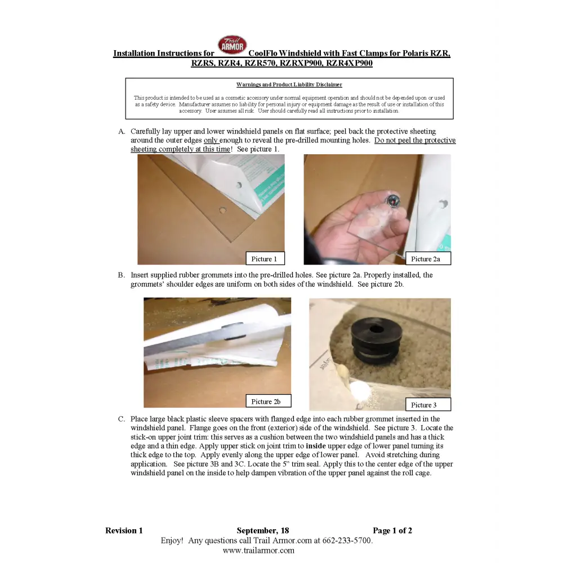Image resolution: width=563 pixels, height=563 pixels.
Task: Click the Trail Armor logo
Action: (x=233, y=45)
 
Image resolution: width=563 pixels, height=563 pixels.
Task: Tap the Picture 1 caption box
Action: (x=265, y=258)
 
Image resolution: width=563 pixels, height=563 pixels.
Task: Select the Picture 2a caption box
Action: (x=428, y=258)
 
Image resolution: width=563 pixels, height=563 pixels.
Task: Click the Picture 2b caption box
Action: (x=268, y=401)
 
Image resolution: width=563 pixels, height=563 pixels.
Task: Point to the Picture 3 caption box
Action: (x=428, y=405)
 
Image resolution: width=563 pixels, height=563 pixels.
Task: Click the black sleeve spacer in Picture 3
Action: (x=376, y=341)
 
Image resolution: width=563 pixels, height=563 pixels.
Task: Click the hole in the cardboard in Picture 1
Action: (x=222, y=210)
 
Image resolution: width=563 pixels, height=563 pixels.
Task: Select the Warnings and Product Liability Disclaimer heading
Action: (x=289, y=85)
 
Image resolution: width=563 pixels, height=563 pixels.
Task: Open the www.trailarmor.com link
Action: (x=258, y=550)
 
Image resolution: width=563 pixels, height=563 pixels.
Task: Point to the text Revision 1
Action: (x=124, y=530)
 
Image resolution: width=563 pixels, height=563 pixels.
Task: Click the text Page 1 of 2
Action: (x=392, y=530)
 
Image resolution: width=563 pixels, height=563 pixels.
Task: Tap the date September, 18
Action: (x=263, y=531)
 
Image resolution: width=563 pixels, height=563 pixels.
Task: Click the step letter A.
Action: (x=122, y=131)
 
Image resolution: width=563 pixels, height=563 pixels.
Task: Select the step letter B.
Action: (x=122, y=275)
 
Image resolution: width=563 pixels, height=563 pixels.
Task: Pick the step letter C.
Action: (x=122, y=419)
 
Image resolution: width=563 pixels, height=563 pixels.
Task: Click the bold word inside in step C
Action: (x=316, y=446)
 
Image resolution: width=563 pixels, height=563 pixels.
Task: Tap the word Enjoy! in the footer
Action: (x=172, y=540)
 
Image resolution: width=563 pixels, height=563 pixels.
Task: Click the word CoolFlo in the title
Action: (x=262, y=53)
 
